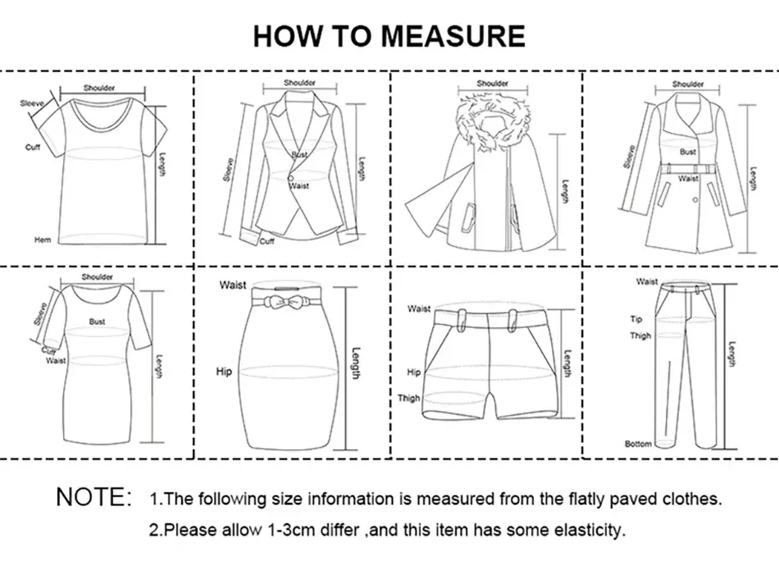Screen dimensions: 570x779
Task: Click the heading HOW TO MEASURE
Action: tap(389, 36)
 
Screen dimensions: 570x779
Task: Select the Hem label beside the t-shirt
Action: tap(42, 240)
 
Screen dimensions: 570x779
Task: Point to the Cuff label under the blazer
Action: tap(267, 242)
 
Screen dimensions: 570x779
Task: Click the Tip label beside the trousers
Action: tap(636, 319)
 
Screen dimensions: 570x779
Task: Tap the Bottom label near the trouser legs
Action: tap(638, 444)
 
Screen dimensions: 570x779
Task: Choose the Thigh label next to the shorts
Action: tap(408, 399)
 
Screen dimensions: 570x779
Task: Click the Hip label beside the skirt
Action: tap(224, 372)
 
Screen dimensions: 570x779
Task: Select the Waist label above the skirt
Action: tap(232, 285)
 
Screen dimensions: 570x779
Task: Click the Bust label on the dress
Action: tap(98, 321)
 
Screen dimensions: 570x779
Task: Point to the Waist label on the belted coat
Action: tap(688, 178)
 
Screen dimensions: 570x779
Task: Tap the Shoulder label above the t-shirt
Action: tap(99, 88)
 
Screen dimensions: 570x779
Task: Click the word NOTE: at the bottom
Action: tap(93, 497)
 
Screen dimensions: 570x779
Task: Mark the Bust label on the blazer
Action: tap(299, 154)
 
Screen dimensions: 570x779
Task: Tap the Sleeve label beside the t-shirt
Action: tap(31, 104)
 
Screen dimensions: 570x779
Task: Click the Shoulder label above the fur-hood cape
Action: tap(493, 84)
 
